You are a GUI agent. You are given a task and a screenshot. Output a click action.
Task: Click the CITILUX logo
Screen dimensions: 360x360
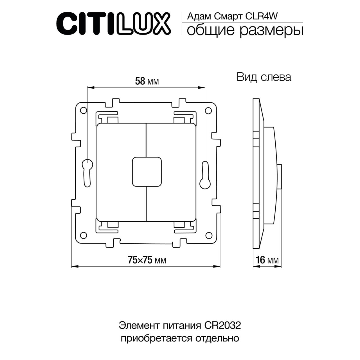114,24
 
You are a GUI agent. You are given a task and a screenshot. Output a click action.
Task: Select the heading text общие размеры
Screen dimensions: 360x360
245,30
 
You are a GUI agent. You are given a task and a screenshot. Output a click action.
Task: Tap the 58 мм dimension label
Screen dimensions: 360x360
147,82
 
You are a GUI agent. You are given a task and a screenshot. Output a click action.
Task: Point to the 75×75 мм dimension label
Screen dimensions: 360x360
147,260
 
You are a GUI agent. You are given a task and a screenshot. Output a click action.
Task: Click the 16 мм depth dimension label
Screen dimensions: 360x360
267,260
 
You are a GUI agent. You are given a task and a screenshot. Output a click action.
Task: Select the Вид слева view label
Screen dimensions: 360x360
264,77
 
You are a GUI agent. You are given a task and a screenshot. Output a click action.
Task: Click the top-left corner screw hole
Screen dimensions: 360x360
83,110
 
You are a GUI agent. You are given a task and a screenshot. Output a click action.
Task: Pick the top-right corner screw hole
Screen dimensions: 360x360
208,110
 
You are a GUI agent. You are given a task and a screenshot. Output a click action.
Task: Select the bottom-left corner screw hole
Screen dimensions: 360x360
83,235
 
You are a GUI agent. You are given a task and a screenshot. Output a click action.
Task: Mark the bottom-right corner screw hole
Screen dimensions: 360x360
208,235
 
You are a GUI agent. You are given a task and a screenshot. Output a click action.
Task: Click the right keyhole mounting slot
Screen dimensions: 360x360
204,177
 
